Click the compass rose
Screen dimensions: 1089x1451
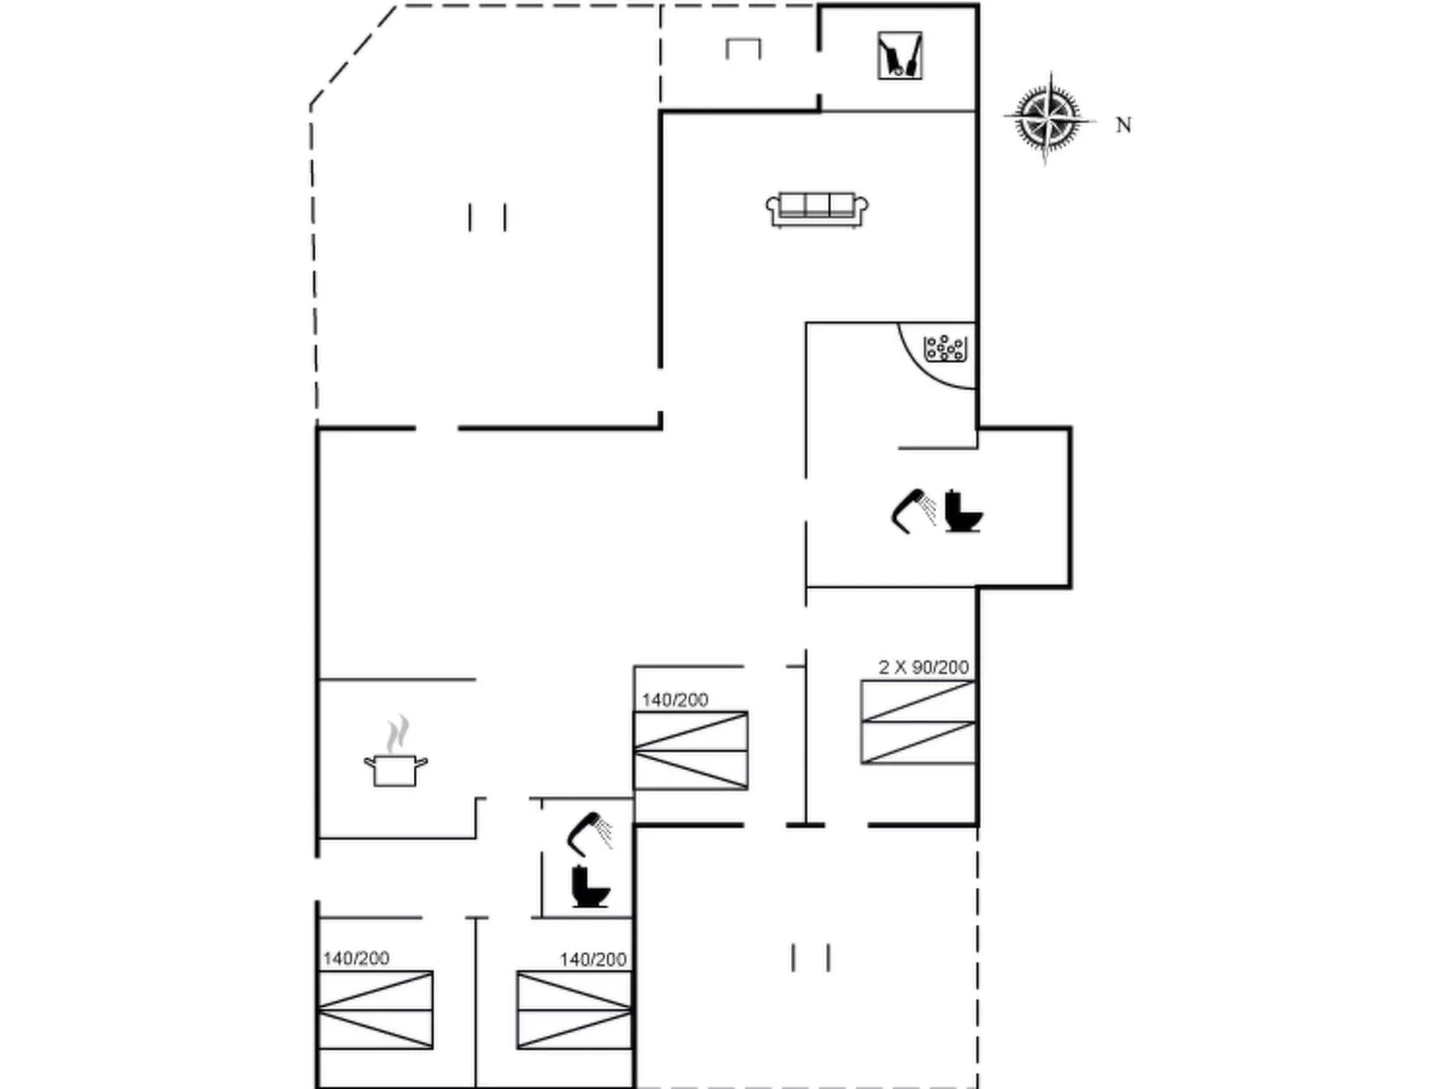click(1046, 118)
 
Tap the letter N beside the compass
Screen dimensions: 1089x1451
click(1123, 126)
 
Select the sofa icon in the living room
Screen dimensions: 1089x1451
click(817, 209)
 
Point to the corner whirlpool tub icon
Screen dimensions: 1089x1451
click(945, 349)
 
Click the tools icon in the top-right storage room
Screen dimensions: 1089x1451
click(900, 56)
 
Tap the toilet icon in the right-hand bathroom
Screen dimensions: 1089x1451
click(963, 511)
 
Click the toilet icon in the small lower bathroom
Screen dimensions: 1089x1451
click(590, 887)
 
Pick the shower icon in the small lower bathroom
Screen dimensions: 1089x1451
click(589, 832)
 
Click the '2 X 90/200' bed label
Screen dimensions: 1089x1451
click(923, 667)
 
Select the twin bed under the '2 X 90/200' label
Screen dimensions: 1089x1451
click(918, 722)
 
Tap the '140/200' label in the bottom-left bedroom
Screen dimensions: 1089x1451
click(356, 958)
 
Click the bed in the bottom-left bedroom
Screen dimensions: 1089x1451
click(376, 1009)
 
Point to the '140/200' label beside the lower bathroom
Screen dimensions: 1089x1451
click(593, 959)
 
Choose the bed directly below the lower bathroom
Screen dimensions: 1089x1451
click(574, 1009)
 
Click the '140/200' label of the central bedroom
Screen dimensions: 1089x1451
click(675, 699)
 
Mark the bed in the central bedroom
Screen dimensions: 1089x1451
click(690, 750)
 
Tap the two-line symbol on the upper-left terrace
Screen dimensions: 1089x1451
click(487, 217)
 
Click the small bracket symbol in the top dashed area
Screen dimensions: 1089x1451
click(743, 48)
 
